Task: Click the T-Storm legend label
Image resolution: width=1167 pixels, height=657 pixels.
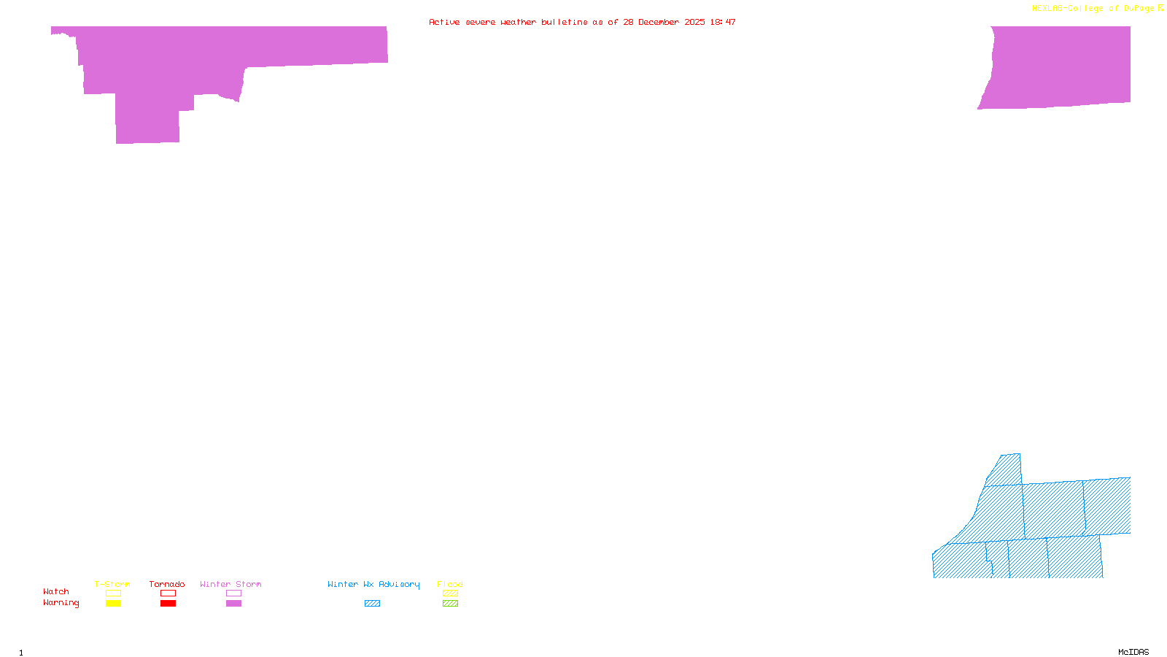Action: [112, 584]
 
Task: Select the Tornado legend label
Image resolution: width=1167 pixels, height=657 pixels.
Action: [167, 584]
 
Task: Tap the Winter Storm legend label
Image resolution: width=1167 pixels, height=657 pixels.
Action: [230, 584]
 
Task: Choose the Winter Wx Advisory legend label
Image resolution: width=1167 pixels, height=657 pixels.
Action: [373, 584]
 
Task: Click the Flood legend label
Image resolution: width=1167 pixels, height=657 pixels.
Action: [450, 584]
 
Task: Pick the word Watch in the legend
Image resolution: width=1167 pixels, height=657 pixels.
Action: [56, 591]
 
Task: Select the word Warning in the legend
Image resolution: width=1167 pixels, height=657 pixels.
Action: [61, 603]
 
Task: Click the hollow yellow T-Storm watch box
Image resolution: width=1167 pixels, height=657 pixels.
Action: [113, 593]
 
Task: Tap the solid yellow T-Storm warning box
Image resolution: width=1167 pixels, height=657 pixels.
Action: [113, 604]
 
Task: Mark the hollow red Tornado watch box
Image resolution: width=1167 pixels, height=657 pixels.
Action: [168, 593]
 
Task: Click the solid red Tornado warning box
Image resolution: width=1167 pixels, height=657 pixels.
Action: [168, 604]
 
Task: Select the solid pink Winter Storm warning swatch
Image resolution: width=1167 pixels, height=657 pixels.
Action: [233, 604]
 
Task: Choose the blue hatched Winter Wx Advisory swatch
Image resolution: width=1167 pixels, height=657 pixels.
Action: [372, 604]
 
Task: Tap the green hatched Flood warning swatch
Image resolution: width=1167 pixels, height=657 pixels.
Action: [450, 604]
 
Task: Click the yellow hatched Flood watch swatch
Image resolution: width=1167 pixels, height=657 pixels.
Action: [450, 593]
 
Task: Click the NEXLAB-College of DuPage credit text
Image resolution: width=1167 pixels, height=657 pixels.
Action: [1093, 9]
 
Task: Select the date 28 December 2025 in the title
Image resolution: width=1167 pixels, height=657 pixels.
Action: [664, 22]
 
